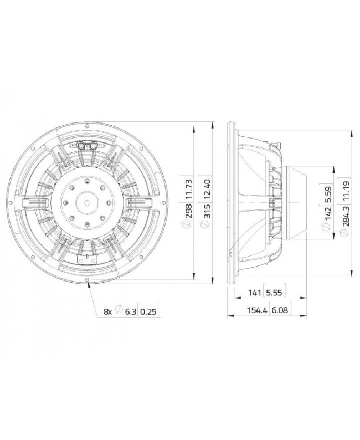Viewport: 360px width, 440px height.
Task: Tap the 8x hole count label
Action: tap(107, 313)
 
